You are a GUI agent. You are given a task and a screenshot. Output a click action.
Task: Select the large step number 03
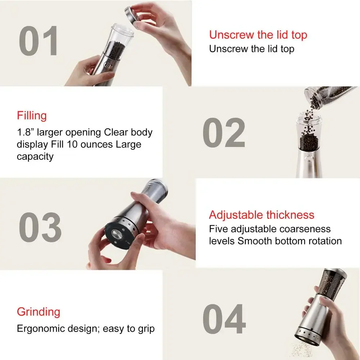pos(40,228)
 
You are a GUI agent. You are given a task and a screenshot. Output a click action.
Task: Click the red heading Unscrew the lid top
pos(258,35)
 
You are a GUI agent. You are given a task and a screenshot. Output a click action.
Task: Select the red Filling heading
pos(32,116)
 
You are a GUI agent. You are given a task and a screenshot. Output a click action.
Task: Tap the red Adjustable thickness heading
pos(261,215)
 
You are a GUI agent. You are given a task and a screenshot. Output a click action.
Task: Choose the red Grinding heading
pos(39,311)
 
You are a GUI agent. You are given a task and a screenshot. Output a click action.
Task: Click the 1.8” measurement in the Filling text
pos(25,132)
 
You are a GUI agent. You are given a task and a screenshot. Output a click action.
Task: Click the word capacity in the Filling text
pos(35,157)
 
